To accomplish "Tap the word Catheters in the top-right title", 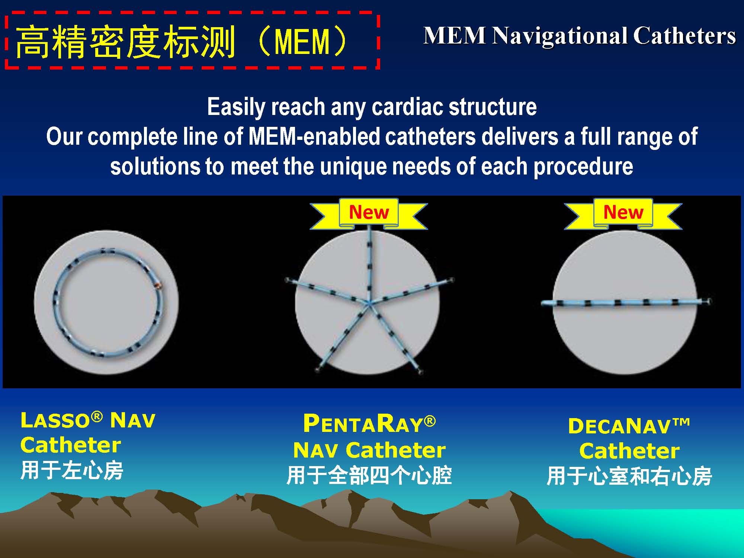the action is [684, 36].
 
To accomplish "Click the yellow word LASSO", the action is [55, 421].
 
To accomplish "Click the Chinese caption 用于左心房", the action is [72, 470].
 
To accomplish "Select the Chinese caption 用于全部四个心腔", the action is [369, 476].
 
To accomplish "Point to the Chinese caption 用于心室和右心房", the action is [629, 477].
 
